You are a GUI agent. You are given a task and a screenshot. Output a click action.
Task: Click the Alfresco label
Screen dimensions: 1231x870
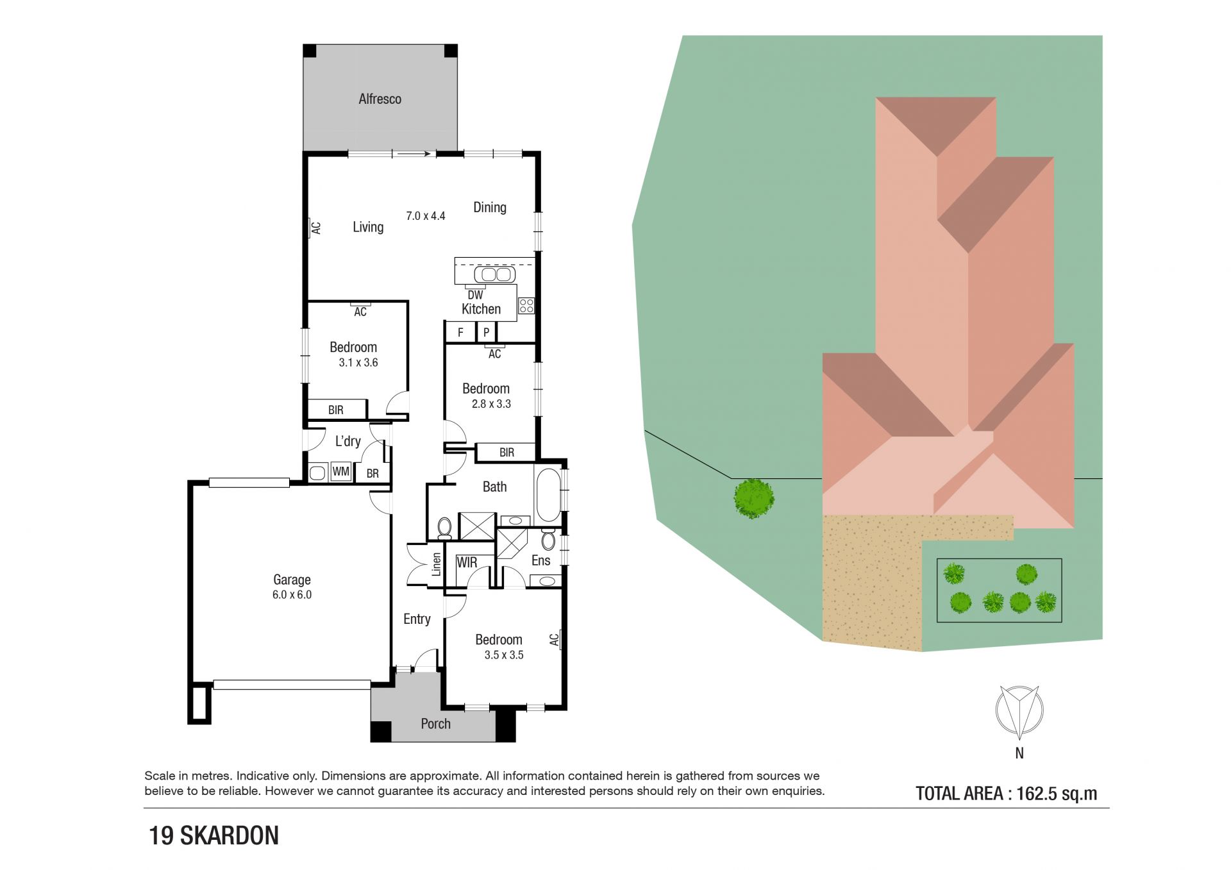pos(380,99)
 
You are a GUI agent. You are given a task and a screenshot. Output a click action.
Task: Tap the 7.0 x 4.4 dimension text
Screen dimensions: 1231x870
pos(425,216)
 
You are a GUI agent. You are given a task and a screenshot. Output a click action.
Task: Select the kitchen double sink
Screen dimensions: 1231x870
pos(494,274)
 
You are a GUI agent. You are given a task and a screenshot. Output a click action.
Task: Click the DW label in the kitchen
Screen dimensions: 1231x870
pos(475,295)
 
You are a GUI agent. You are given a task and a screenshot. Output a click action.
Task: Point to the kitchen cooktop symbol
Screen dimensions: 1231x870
pos(526,305)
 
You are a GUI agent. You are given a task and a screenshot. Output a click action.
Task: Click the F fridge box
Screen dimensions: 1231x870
pos(460,332)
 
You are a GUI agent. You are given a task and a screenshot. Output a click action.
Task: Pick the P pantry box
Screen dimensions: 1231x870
pos(487,332)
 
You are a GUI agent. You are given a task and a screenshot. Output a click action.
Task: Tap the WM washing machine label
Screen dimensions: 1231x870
pos(340,472)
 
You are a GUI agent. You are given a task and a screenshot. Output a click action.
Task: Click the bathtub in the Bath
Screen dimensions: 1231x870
pos(548,496)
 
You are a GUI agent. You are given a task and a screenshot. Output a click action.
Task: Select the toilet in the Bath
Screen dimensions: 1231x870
pos(444,528)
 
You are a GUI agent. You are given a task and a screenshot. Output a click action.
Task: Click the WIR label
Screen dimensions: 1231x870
pos(467,562)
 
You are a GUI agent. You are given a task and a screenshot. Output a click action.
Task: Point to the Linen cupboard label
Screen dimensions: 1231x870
pos(437,564)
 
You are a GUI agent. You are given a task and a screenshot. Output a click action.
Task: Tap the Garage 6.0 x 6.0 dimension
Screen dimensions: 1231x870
pos(292,594)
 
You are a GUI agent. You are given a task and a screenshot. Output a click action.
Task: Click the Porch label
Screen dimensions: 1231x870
pos(435,724)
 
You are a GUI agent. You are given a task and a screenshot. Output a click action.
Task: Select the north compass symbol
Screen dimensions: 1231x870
pos(1019,711)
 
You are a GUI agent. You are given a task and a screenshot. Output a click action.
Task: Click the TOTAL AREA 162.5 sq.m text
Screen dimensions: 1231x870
pos(1006,794)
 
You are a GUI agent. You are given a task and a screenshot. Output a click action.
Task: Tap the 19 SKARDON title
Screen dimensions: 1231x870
pos(214,835)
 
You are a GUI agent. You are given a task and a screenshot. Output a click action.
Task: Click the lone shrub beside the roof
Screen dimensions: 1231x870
pos(754,498)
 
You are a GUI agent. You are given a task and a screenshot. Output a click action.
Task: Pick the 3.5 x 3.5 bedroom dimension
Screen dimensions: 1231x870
pos(504,655)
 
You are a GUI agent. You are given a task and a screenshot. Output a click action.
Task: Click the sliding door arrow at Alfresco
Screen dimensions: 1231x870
pos(413,154)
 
